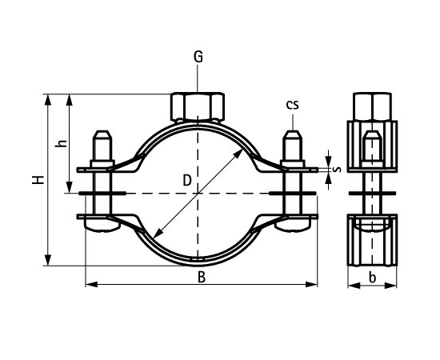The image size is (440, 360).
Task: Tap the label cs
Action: pos(294,105)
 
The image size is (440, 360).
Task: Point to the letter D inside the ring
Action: pos(186,182)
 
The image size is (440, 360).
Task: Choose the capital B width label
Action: pos(202,278)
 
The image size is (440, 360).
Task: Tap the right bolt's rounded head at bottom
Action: pos(293,227)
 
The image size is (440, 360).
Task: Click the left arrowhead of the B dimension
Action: pos(89,284)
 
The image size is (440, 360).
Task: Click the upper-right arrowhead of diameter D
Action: pos(243,151)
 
